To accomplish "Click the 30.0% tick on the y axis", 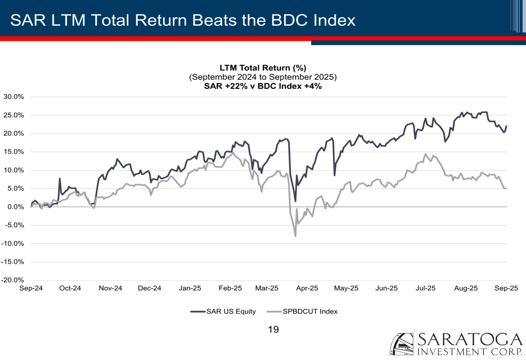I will click(x=14, y=97).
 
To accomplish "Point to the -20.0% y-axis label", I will click(x=13, y=280).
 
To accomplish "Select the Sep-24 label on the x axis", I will click(x=31, y=288).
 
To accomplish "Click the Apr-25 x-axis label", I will click(x=307, y=288).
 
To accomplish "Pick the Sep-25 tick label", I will click(x=507, y=288).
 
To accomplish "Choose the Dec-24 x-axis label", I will click(x=149, y=288).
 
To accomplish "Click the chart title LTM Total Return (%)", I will click(x=262, y=67).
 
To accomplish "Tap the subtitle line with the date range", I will click(x=262, y=77).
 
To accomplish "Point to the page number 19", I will click(x=273, y=330).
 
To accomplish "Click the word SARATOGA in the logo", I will click(x=470, y=340).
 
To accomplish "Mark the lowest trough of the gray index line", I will click(x=296, y=236).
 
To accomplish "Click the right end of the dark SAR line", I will click(x=507, y=126).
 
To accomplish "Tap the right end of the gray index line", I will click(x=507, y=189).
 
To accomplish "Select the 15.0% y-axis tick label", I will click(x=14, y=152).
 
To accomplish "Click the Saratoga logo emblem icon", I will click(x=401, y=344).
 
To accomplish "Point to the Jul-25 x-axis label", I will click(x=426, y=288).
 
